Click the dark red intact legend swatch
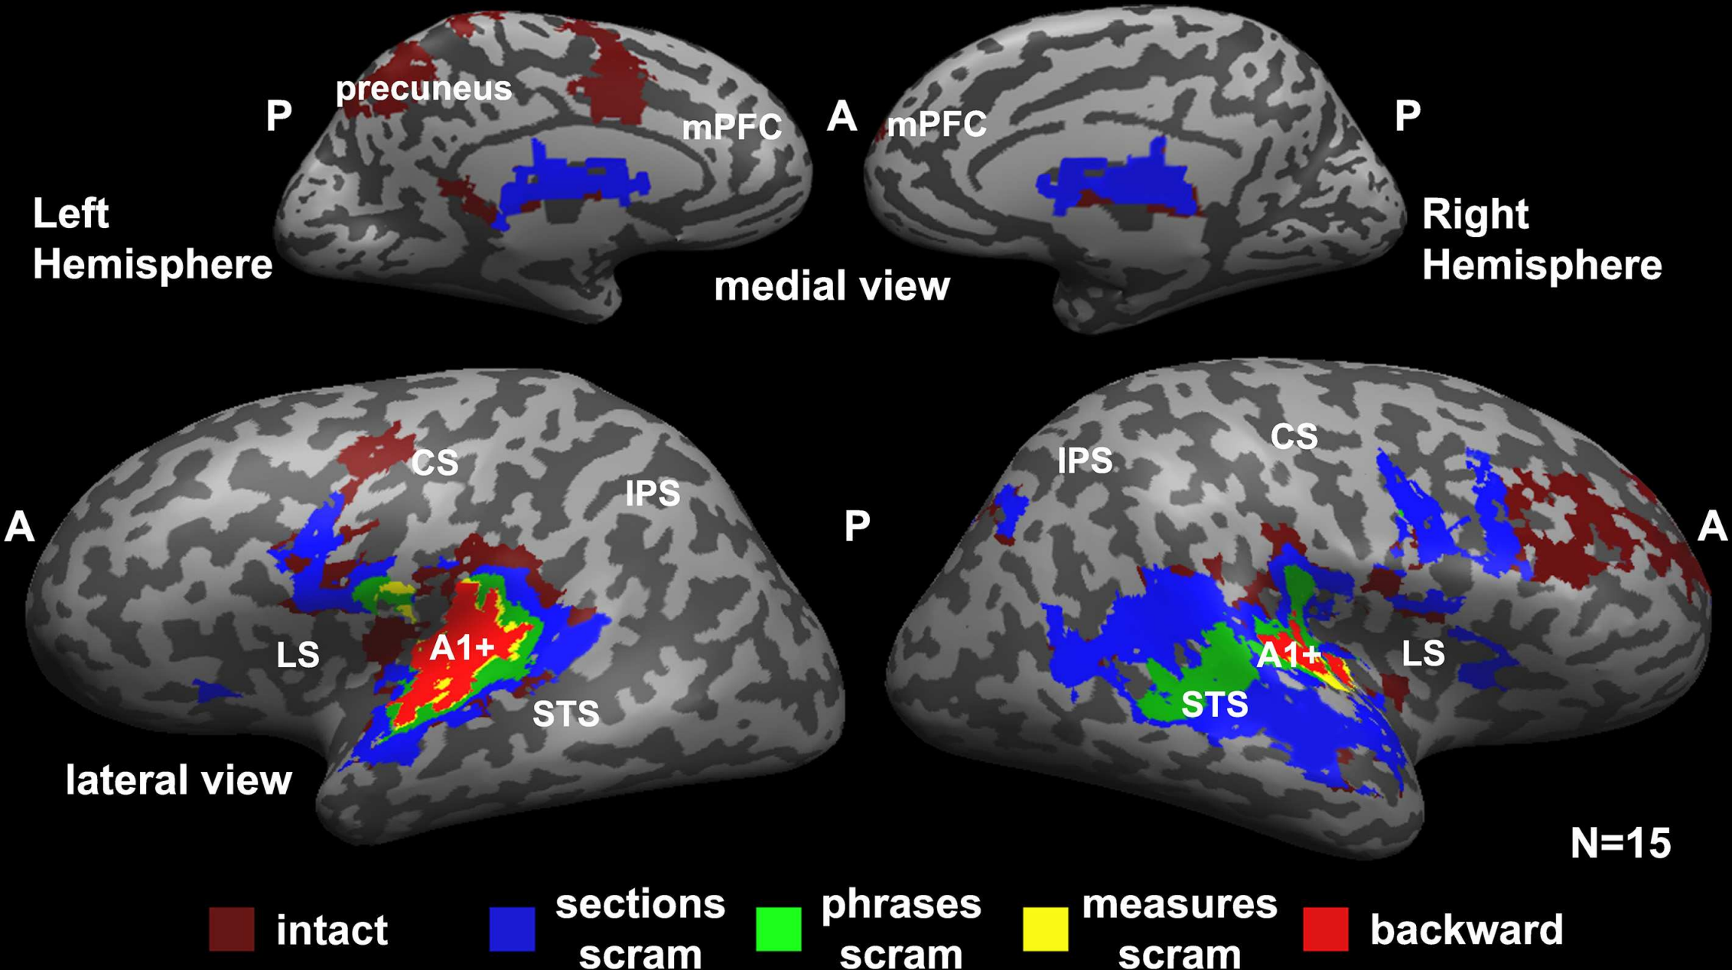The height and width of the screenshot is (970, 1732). point(231,929)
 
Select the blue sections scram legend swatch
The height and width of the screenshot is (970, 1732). point(512,929)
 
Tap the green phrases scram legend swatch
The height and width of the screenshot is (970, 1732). point(778,929)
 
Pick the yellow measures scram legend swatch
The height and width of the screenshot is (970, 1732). point(1045,929)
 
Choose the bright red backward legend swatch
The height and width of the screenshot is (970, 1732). point(1325,929)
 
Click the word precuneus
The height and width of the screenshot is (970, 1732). point(424,89)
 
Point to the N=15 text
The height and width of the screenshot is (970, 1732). point(1620,843)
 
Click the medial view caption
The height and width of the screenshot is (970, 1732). point(832,286)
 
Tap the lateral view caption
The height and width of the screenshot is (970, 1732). point(179,780)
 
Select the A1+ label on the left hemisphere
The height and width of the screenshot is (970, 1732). point(462,649)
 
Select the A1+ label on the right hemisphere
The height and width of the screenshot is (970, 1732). point(1288,655)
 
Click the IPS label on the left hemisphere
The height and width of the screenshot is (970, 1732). point(653,493)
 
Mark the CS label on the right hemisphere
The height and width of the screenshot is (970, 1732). point(1294,437)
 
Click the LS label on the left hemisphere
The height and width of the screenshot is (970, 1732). point(298,655)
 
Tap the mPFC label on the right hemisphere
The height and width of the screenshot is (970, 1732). point(936,125)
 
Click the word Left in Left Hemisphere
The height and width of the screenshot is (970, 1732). point(70,213)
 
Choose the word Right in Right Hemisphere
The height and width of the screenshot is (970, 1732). point(1475,214)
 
